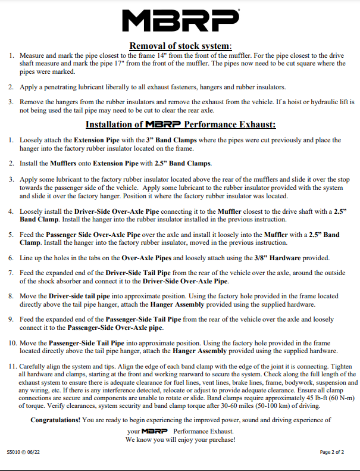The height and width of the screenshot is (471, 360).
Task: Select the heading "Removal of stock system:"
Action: (180, 45)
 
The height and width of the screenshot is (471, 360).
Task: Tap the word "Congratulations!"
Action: (57, 420)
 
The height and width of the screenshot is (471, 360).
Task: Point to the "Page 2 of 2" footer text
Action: (332, 452)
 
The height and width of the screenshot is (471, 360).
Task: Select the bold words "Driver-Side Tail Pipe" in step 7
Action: (135, 272)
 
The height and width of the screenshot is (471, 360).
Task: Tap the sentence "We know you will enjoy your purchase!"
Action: (180, 439)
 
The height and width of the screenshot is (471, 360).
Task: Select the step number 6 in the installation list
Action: (12, 258)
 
